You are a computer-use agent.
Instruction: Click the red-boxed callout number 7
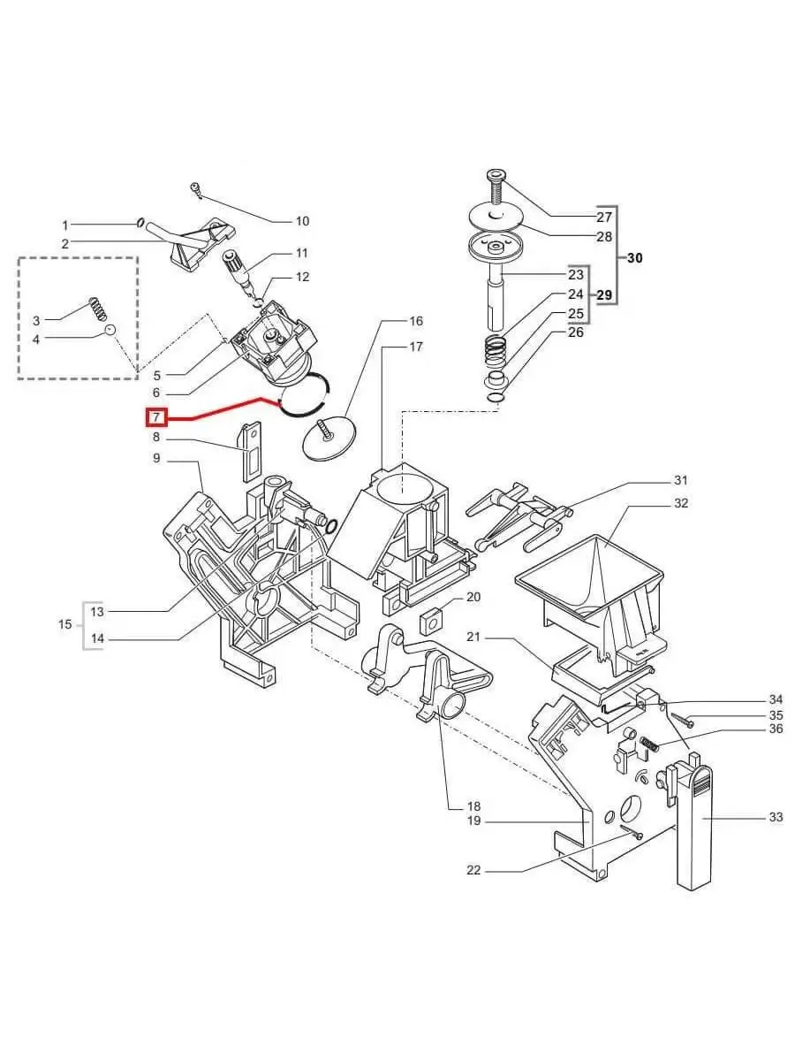[155, 416]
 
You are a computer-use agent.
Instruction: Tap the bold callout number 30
[634, 259]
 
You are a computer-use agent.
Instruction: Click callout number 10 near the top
[302, 221]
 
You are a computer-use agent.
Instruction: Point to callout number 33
[775, 817]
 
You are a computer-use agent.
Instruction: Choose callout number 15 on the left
[65, 624]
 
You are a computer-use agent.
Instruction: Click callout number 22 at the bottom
[473, 871]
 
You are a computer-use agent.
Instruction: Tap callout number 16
[415, 320]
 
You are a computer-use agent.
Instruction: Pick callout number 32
[680, 503]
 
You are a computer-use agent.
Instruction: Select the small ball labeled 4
[110, 330]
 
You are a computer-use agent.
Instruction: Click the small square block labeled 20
[432, 620]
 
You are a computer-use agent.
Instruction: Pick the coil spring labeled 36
[649, 744]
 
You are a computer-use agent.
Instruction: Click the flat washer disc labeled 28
[494, 218]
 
